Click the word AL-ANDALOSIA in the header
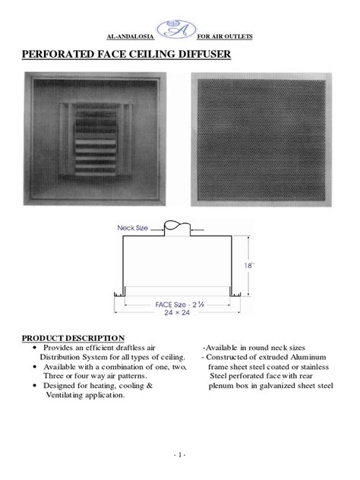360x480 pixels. click(x=126, y=36)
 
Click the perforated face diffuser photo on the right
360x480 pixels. click(x=261, y=137)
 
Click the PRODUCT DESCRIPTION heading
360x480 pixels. click(x=73, y=338)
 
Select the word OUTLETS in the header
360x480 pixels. click(x=236, y=36)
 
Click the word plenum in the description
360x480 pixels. click(x=220, y=386)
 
